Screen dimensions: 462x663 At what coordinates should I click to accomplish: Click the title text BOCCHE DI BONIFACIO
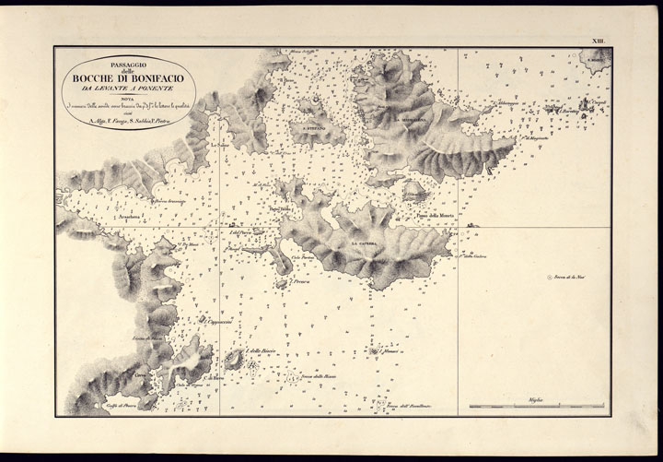pos(128,77)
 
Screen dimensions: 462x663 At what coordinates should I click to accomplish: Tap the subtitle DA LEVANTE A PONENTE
pos(128,89)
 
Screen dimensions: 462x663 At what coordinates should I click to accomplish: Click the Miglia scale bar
pos(537,406)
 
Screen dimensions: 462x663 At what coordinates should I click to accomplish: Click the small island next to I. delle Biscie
pos(234,360)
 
